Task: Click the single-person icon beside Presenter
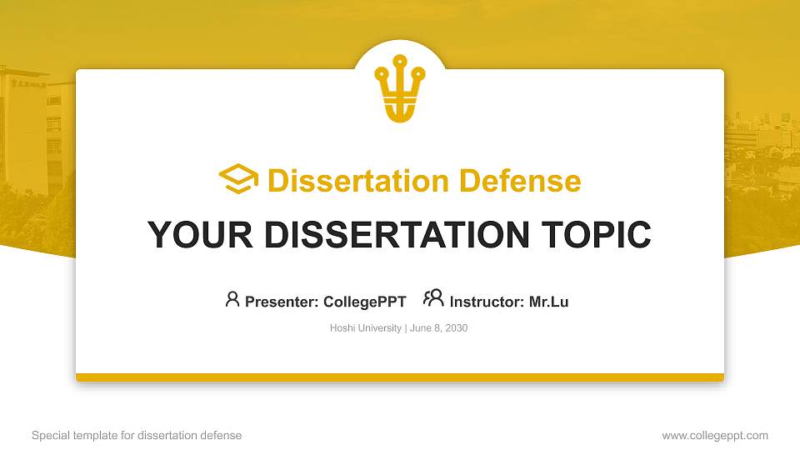[232, 299]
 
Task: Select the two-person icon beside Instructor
[433, 298]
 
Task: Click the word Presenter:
[282, 302]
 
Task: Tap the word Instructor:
[487, 302]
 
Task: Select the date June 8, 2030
[438, 328]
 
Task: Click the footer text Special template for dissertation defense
[137, 435]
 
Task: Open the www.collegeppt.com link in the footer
[715, 435]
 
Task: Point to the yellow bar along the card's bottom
[400, 377]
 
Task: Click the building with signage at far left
[25, 125]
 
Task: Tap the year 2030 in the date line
[456, 328]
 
